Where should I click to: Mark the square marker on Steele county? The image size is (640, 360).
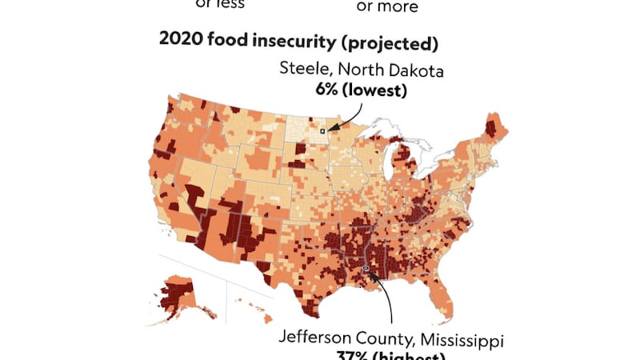[x=322, y=130]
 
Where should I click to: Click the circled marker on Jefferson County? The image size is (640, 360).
[x=366, y=269]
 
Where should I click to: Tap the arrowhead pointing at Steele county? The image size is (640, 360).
[x=330, y=128]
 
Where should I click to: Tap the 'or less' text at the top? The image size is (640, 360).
[x=220, y=4]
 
